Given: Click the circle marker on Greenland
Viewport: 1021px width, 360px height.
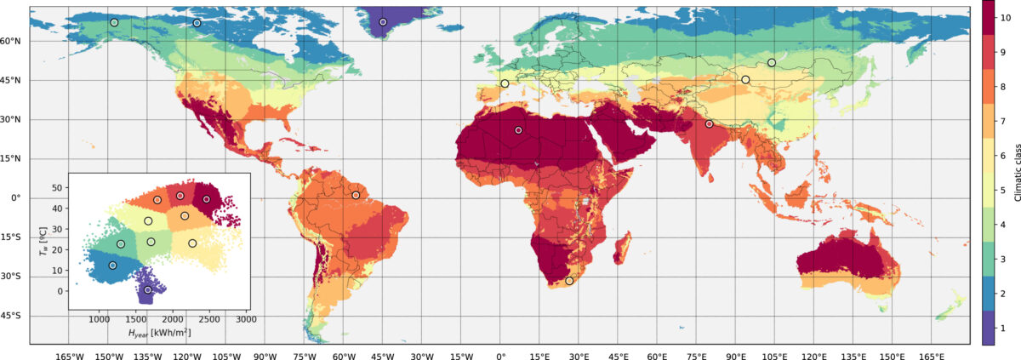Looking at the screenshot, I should pyautogui.click(x=383, y=22).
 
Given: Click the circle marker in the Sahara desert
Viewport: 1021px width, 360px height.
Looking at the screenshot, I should pyautogui.click(x=518, y=130).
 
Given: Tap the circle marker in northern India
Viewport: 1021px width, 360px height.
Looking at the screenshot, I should pyautogui.click(x=709, y=124).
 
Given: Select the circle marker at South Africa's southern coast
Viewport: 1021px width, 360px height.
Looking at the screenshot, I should pyautogui.click(x=569, y=281).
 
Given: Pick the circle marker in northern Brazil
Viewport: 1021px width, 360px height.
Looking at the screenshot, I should pyautogui.click(x=356, y=196).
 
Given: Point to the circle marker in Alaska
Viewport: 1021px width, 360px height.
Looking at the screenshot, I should pyautogui.click(x=114, y=23).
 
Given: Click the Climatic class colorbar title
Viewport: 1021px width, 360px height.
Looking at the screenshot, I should pyautogui.click(x=1014, y=172).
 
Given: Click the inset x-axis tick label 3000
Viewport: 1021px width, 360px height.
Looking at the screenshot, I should pyautogui.click(x=245, y=319).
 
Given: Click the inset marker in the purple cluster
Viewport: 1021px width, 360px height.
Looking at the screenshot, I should pyautogui.click(x=148, y=290).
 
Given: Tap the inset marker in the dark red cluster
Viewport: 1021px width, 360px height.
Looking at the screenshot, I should pyautogui.click(x=207, y=199).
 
